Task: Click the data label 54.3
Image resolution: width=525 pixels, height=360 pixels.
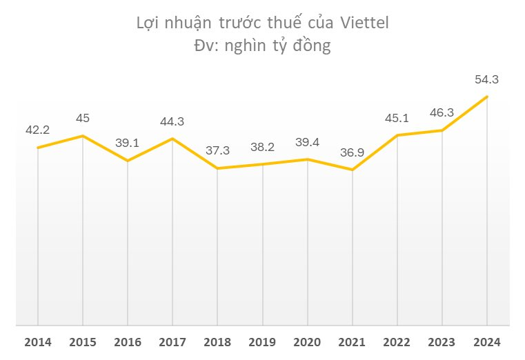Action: pyautogui.click(x=486, y=79)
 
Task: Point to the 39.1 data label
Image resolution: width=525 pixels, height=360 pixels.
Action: pyautogui.click(x=127, y=143)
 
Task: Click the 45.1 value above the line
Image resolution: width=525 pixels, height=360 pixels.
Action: pyautogui.click(x=397, y=117)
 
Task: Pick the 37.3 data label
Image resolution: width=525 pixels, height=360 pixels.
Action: pyautogui.click(x=217, y=150)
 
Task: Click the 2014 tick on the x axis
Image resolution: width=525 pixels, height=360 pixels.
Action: pyautogui.click(x=37, y=341)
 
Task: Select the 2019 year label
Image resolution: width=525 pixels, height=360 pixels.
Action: pyautogui.click(x=262, y=341)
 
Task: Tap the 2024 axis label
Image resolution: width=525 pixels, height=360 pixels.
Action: pyautogui.click(x=487, y=341)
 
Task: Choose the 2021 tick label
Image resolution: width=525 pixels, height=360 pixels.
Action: pyautogui.click(x=352, y=341)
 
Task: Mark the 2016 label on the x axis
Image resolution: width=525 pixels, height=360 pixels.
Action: pyautogui.click(x=127, y=341)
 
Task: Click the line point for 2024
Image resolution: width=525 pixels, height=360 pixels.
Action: pyautogui.click(x=487, y=97)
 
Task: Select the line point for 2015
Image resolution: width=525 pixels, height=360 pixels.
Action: pyautogui.click(x=82, y=136)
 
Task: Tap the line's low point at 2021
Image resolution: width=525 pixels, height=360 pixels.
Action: pyautogui.click(x=352, y=170)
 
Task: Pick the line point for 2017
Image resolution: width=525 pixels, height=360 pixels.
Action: pyautogui.click(x=172, y=139)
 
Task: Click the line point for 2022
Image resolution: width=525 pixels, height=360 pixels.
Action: pyautogui.click(x=397, y=135)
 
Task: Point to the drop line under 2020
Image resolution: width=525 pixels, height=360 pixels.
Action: pyautogui.click(x=307, y=241)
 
